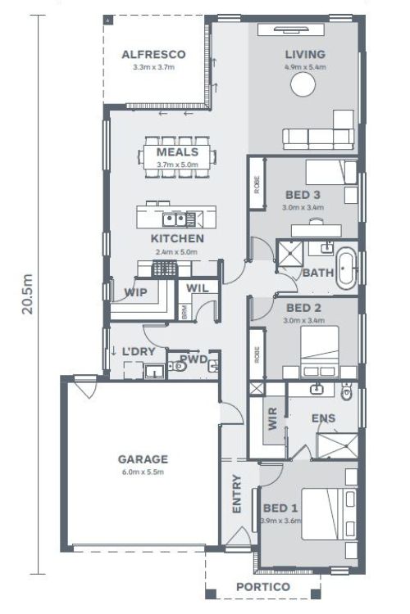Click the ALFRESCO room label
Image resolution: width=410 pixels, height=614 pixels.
[x=153, y=54]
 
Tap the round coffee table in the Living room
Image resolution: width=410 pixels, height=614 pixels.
[x=303, y=84]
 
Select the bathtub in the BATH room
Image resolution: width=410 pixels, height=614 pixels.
[x=346, y=270]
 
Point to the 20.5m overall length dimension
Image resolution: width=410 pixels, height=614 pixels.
[x=27, y=294]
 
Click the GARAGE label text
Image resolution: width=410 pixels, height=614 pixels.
[x=143, y=459]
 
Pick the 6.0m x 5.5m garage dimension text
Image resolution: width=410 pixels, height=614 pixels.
[x=143, y=472]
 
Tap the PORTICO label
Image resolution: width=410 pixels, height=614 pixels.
[x=263, y=587]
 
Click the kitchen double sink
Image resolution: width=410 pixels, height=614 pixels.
[x=175, y=219]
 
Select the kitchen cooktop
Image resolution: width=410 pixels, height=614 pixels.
[x=165, y=269]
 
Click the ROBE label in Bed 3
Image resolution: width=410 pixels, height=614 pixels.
[x=257, y=185]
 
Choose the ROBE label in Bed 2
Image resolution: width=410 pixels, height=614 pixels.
[x=257, y=354]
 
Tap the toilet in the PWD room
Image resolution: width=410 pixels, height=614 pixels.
[x=177, y=367]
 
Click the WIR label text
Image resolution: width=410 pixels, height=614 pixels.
[x=272, y=418]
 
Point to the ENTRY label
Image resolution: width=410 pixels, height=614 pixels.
[x=237, y=494]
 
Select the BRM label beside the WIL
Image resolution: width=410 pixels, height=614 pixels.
[x=184, y=312]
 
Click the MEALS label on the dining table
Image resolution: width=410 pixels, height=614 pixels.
[x=177, y=152]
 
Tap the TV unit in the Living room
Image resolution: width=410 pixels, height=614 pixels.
[x=291, y=29]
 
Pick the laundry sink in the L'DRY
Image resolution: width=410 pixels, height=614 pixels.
[x=155, y=371]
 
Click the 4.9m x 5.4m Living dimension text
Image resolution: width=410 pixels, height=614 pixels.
[x=305, y=67]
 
